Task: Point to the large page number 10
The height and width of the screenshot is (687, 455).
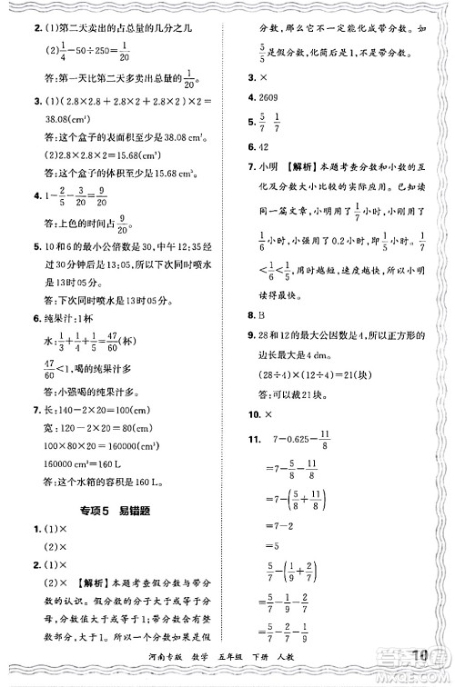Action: point(420,655)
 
